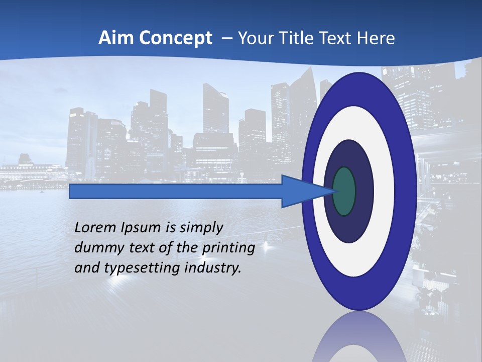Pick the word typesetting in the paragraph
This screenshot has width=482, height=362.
(137, 268)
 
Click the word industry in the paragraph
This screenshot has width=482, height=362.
(213, 268)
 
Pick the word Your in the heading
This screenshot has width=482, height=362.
(254, 38)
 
